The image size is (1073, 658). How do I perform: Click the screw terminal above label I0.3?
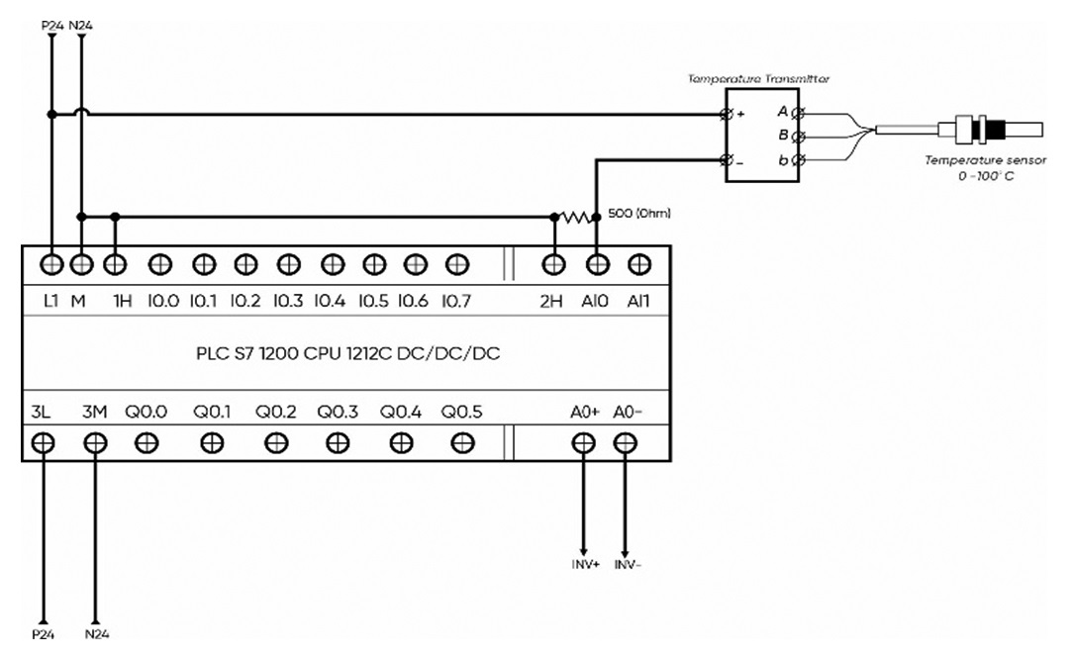click(x=289, y=264)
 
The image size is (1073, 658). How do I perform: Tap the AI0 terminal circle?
click(x=598, y=264)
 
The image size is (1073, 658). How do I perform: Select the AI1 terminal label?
click(x=638, y=301)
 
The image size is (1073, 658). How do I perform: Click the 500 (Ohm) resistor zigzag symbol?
click(x=575, y=218)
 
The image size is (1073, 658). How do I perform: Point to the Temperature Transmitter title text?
click(x=758, y=79)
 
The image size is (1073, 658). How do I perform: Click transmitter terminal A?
click(x=797, y=113)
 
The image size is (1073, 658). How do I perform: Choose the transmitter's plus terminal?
click(x=727, y=114)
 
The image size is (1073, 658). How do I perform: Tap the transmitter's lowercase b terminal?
click(x=797, y=160)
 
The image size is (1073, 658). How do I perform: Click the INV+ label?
click(x=586, y=565)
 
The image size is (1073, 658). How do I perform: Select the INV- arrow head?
click(x=624, y=553)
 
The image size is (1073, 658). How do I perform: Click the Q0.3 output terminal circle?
click(x=338, y=443)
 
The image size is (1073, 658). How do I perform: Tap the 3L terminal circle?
click(x=43, y=443)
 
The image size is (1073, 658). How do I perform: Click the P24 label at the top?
click(x=52, y=26)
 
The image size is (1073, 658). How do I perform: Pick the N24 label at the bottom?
click(x=96, y=634)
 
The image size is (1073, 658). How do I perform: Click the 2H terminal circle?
click(x=553, y=264)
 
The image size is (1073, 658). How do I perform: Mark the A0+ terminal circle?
click(x=583, y=443)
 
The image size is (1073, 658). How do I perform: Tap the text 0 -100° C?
click(x=986, y=176)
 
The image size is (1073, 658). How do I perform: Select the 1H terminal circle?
click(x=115, y=264)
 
